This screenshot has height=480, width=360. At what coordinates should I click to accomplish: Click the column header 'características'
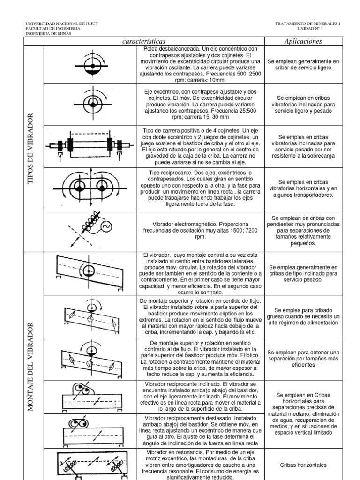(x=143, y=42)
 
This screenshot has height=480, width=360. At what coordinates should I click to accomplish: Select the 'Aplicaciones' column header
(x=303, y=42)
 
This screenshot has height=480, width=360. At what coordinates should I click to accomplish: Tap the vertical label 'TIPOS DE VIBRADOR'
(x=32, y=148)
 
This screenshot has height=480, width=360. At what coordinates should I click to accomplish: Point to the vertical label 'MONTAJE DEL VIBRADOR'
(x=32, y=366)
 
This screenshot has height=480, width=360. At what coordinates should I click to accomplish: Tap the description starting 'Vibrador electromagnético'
(x=200, y=227)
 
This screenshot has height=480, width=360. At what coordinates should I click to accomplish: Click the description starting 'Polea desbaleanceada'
(x=200, y=65)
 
